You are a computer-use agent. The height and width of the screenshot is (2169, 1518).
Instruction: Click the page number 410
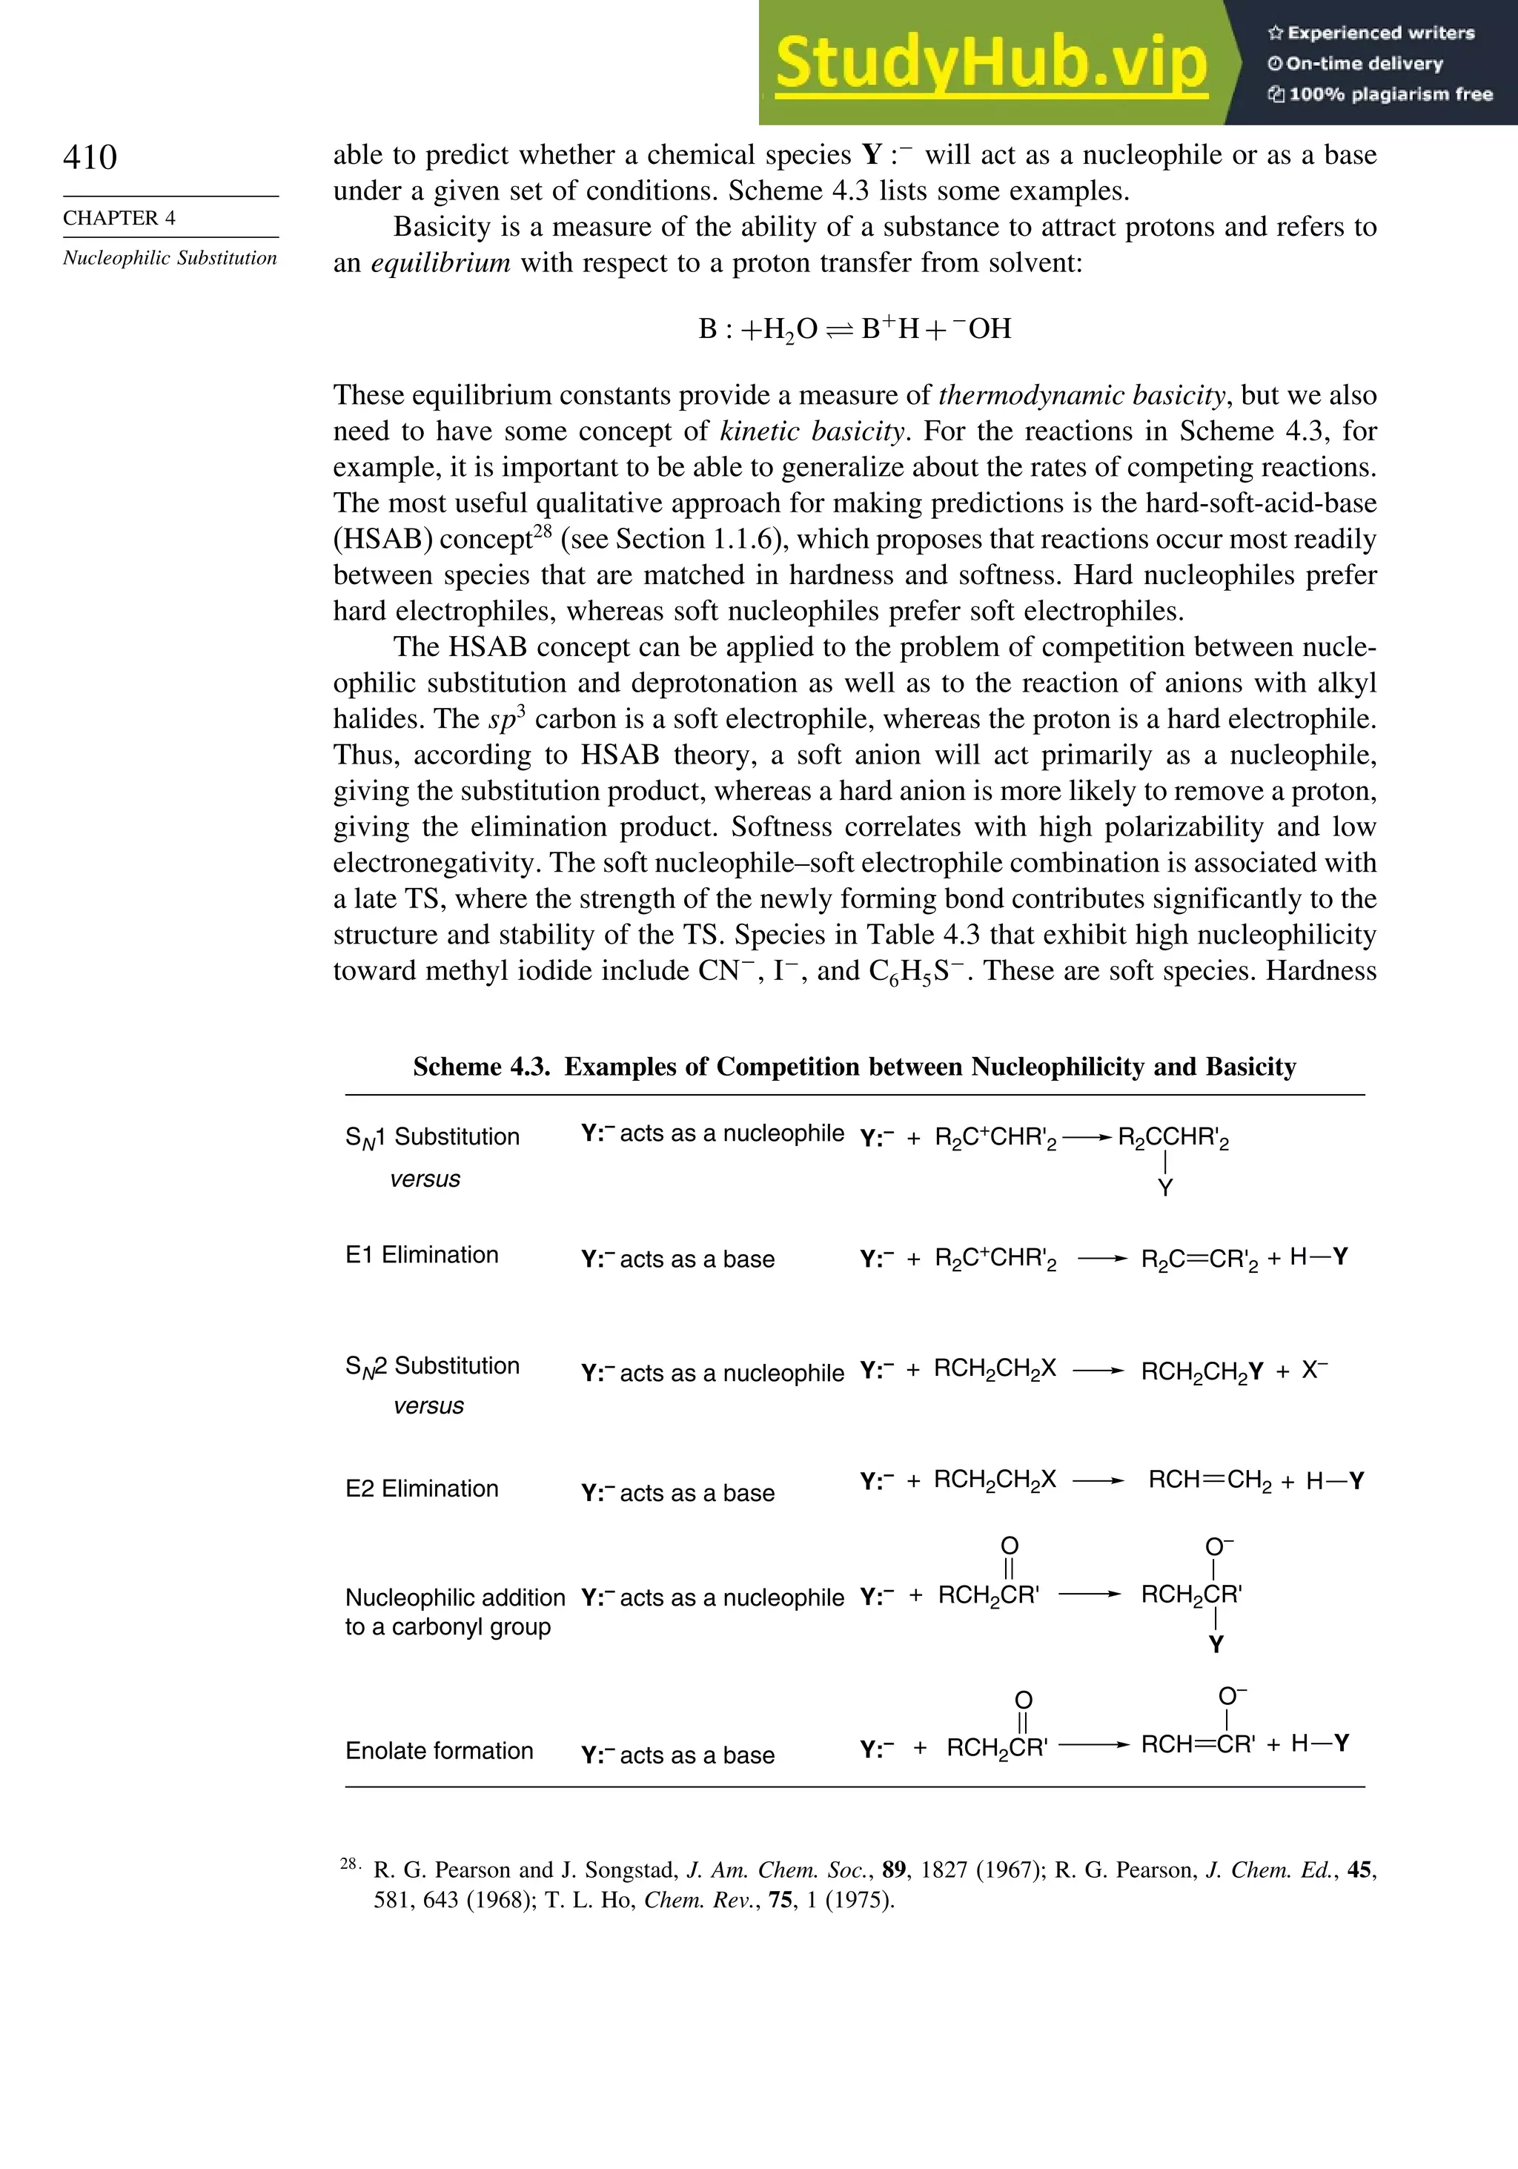90,157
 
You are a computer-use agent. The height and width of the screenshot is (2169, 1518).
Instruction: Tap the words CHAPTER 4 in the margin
119,218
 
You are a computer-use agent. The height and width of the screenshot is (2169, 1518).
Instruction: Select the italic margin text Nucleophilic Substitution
170,258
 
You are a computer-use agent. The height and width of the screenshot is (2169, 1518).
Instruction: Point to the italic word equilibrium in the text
440,262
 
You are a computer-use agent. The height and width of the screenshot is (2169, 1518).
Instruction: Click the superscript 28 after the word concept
543,531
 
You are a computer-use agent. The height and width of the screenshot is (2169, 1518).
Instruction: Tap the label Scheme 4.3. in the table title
481,1067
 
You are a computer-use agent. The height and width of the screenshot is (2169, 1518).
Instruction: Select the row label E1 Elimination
421,1254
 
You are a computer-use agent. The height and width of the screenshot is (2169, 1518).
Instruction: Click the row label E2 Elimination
421,1488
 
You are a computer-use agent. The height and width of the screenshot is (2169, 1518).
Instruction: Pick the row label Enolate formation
440,1749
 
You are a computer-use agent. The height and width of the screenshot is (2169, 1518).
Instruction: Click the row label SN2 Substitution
431,1366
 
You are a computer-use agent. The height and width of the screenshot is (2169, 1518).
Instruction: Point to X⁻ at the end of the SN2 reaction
1314,1370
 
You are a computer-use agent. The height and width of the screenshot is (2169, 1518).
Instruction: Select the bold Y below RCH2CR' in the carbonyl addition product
1216,1645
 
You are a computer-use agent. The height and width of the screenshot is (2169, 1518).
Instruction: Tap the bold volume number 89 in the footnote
892,1870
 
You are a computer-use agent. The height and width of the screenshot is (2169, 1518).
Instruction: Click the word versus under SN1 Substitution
425,1179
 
